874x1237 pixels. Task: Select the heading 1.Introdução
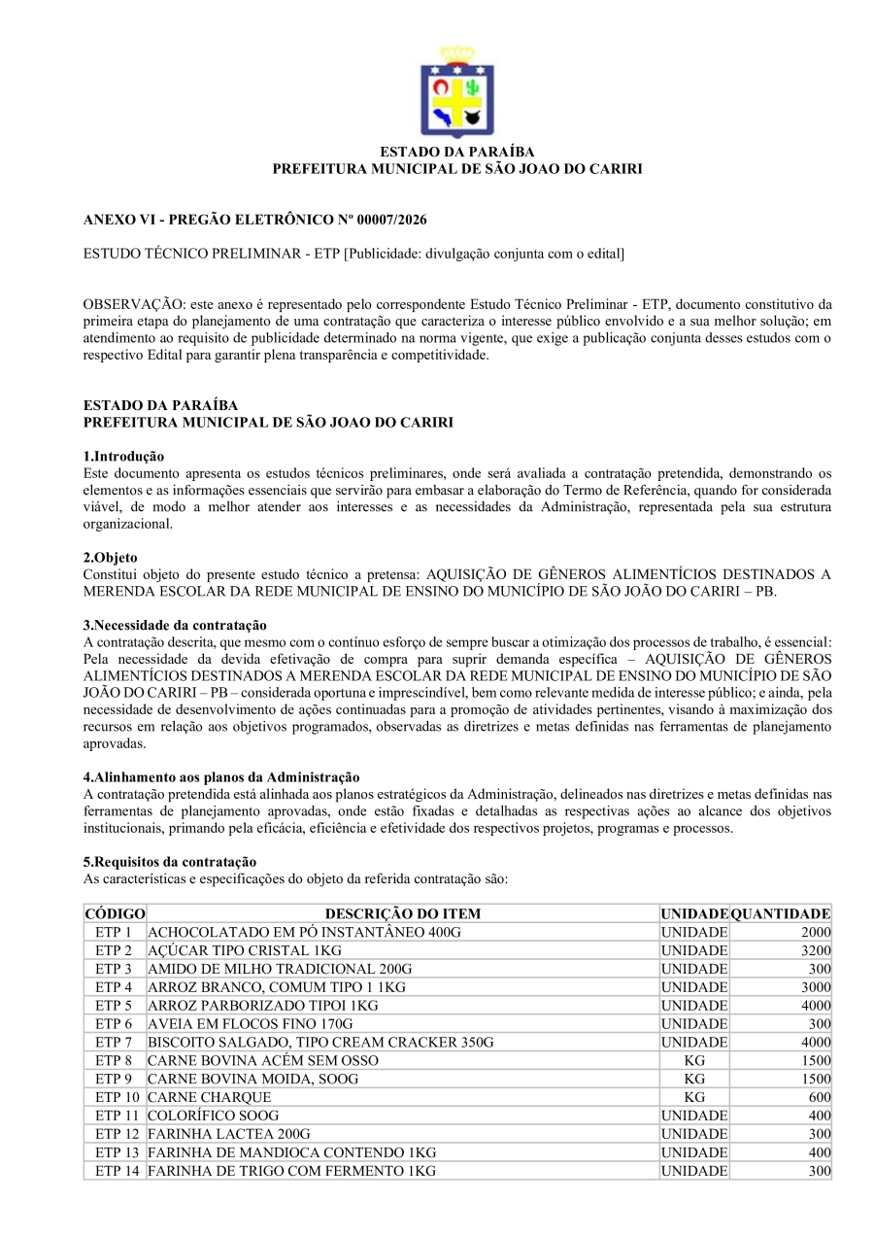[123, 456]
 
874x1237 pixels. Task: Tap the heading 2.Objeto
[110, 557]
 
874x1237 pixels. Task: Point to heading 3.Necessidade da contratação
[175, 624]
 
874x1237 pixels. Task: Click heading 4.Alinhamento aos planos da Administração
[221, 776]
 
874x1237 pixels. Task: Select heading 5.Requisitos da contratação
[170, 861]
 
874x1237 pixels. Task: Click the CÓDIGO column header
[115, 914]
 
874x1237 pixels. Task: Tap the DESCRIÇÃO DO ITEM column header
[402, 914]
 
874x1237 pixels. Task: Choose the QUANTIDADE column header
[780, 914]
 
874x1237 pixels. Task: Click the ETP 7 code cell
[114, 1043]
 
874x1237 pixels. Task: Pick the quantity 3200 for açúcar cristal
[815, 950]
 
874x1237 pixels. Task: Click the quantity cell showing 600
[820, 1097]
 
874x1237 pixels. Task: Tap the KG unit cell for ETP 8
[693, 1060]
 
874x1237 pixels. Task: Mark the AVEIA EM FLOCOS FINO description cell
[250, 1024]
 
